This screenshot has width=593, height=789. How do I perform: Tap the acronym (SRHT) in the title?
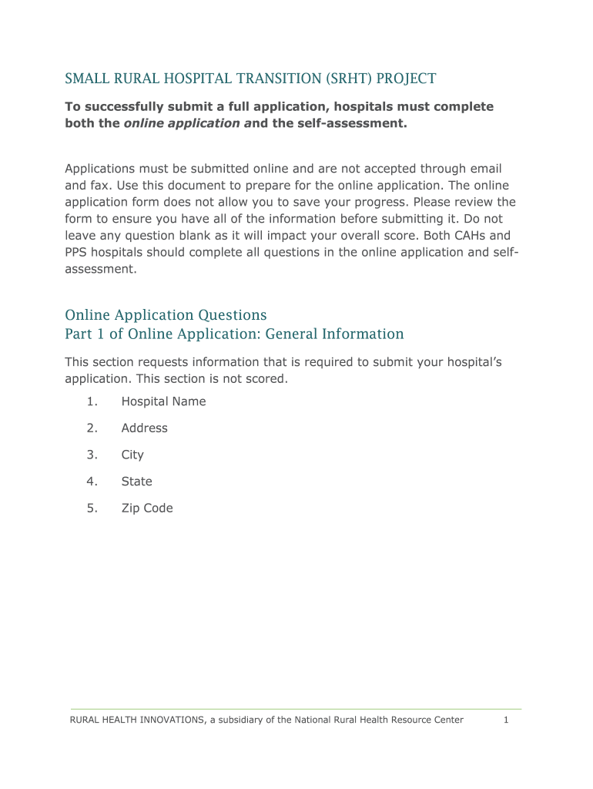click(346, 79)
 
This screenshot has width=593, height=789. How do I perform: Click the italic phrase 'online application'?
click(182, 123)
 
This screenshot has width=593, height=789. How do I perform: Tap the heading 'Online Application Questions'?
click(166, 315)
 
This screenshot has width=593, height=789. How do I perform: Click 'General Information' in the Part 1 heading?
click(335, 334)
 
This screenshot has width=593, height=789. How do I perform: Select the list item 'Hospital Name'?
click(163, 401)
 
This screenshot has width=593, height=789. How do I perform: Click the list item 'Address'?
click(144, 428)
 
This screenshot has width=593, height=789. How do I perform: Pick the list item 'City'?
click(132, 455)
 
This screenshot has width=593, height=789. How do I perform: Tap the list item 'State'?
click(136, 482)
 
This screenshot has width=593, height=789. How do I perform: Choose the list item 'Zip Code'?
click(147, 509)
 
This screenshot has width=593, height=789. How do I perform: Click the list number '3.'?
click(92, 455)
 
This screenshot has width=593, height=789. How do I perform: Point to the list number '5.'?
click(92, 509)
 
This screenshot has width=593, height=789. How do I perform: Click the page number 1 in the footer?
click(506, 720)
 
